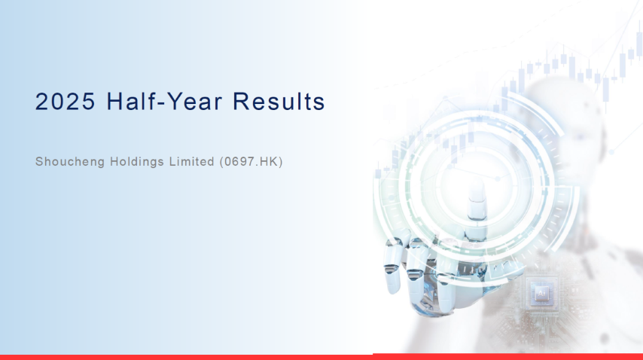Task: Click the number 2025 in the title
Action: pyautogui.click(x=66, y=101)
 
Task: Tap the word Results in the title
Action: pyautogui.click(x=279, y=101)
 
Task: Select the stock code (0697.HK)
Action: pyautogui.click(x=251, y=162)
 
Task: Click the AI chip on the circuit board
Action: pyautogui.click(x=541, y=293)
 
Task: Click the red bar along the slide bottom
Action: pyautogui.click(x=321, y=357)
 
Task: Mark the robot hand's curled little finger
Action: pyautogui.click(x=392, y=267)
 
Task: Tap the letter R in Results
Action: pyautogui.click(x=241, y=101)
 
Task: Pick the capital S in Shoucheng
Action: pyautogui.click(x=39, y=162)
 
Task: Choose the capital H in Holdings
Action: pyautogui.click(x=114, y=162)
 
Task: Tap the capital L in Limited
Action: pyautogui.click(x=172, y=162)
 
